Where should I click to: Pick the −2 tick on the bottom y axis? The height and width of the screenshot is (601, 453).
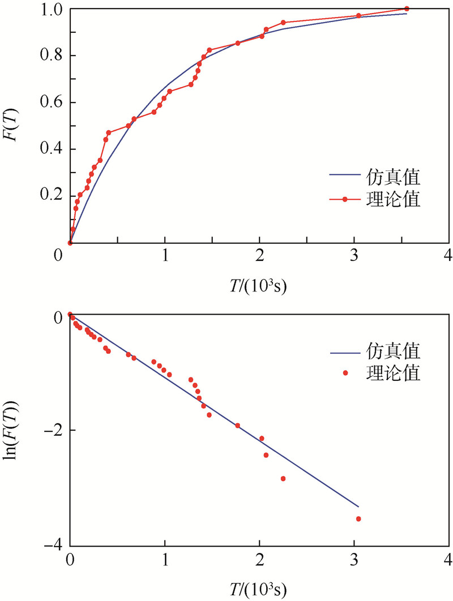[x=54, y=430]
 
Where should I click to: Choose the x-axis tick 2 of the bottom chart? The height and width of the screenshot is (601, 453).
[x=259, y=560]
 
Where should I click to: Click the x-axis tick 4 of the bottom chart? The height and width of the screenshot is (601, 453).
[x=448, y=560]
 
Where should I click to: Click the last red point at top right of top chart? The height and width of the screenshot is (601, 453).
[x=407, y=8]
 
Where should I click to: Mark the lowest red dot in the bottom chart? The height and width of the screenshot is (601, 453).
[x=358, y=518]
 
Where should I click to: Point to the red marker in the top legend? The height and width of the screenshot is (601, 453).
[x=344, y=199]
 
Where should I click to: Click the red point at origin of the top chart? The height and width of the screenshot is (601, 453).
[x=70, y=243]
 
